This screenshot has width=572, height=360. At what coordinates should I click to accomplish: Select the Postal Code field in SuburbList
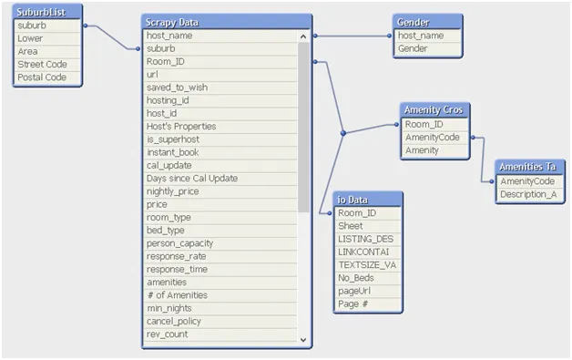pyautogui.click(x=42, y=77)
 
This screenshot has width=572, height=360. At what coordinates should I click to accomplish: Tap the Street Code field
pyautogui.click(x=42, y=65)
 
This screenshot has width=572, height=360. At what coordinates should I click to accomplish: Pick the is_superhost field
pyautogui.click(x=173, y=139)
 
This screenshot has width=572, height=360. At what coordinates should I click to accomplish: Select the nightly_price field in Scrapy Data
pyautogui.click(x=173, y=191)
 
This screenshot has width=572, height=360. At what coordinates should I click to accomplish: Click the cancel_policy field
pyautogui.click(x=174, y=322)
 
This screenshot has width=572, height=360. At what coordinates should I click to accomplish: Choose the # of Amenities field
pyautogui.click(x=178, y=295)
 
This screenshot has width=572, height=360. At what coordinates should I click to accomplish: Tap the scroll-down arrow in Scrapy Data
pyautogui.click(x=304, y=339)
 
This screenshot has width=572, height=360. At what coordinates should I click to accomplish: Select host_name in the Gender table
pyautogui.click(x=421, y=36)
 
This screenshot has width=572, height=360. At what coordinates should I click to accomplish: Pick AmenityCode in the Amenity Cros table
pyautogui.click(x=434, y=137)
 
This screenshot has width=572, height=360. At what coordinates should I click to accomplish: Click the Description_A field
pyautogui.click(x=528, y=194)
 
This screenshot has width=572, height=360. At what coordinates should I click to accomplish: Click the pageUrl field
pyautogui.click(x=356, y=291)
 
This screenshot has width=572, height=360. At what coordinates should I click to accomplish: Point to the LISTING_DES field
pyautogui.click(x=365, y=239)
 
